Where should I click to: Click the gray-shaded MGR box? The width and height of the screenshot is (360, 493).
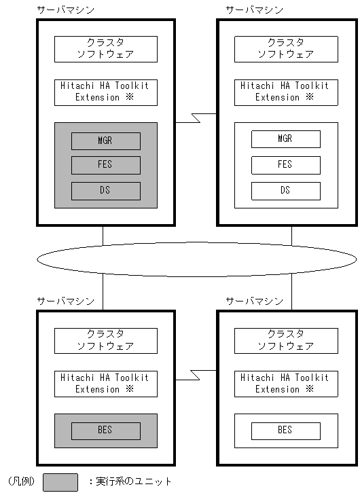tap(105, 141)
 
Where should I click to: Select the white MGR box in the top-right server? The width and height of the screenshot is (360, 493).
tap(285, 139)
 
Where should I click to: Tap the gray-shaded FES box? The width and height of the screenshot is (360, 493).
tap(105, 165)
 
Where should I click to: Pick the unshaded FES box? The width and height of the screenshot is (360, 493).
tap(285, 164)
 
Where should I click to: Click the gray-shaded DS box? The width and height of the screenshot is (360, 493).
tap(105, 191)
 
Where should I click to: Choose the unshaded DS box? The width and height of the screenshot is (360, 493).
tap(285, 191)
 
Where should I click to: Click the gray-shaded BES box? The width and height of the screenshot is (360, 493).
tap(105, 431)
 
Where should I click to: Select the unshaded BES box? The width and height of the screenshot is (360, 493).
tap(285, 431)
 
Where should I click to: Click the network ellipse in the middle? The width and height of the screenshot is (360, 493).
tap(196, 259)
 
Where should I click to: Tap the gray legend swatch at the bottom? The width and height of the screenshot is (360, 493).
tap(60, 482)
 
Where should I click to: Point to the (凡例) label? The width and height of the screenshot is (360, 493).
tap(20, 482)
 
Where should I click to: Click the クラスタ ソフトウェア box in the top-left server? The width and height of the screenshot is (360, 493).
tap(105, 49)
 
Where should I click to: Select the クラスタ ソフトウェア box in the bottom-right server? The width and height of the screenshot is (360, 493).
tap(285, 341)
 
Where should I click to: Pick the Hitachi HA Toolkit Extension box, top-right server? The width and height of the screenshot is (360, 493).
tap(285, 92)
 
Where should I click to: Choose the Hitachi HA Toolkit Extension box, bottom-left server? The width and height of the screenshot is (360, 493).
tap(105, 384)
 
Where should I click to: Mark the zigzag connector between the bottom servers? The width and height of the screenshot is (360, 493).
tap(196, 375)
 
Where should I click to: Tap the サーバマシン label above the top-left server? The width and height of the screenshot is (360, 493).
tap(66, 10)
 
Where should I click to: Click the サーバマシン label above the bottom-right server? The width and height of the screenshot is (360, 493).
tap(255, 300)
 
